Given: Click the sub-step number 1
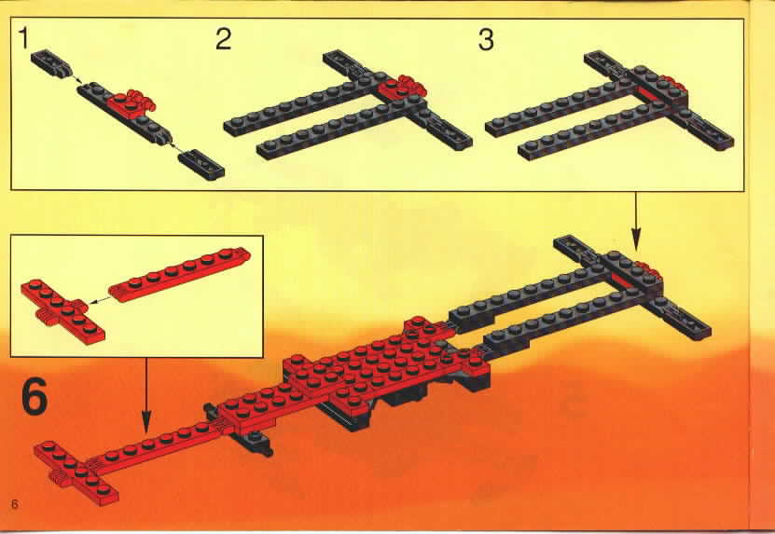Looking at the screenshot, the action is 23,38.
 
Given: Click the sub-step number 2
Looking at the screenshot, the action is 224,39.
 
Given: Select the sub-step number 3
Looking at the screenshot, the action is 486,39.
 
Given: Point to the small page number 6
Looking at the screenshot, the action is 15,504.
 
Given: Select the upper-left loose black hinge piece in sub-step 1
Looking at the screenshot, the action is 51,63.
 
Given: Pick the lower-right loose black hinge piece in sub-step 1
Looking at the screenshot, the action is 201,165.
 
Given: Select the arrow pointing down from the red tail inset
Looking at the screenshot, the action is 145,395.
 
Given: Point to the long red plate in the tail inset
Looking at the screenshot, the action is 179,274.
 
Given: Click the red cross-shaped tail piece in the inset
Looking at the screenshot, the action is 62,311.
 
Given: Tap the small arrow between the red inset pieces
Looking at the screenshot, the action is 98,299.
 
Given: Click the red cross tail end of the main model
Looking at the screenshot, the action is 76,472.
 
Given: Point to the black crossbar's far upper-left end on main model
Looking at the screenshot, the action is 559,242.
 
